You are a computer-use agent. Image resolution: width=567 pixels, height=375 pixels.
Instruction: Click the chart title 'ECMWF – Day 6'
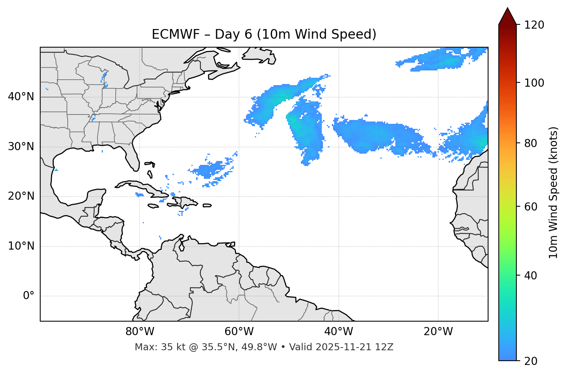tap(264, 34)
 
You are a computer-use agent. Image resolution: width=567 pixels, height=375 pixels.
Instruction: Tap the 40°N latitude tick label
tap(21, 97)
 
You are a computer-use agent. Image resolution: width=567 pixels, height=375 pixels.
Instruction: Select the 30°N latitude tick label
tap(21, 147)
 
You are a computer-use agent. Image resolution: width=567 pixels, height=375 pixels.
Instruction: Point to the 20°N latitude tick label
tap(21, 196)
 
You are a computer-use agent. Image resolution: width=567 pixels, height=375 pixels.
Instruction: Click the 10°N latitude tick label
tap(21, 246)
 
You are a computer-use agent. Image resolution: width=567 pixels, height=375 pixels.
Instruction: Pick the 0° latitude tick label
tap(28, 296)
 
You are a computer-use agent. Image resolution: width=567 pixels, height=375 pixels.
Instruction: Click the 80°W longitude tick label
tap(140, 332)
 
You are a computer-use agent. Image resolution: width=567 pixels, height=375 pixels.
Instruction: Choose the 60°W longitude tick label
tap(239, 332)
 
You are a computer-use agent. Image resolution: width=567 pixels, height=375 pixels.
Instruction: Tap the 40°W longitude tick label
tap(338, 332)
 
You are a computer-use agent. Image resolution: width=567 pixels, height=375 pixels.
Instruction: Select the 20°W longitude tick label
tap(438, 332)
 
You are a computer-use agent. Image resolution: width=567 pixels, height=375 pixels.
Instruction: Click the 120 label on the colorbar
tap(534, 25)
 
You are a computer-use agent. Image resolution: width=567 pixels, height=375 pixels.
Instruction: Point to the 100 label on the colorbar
tap(534, 83)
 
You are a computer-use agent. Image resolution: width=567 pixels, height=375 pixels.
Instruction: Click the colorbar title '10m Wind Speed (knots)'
tap(553, 192)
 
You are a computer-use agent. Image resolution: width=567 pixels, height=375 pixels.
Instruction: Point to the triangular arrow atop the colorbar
tap(507, 17)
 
